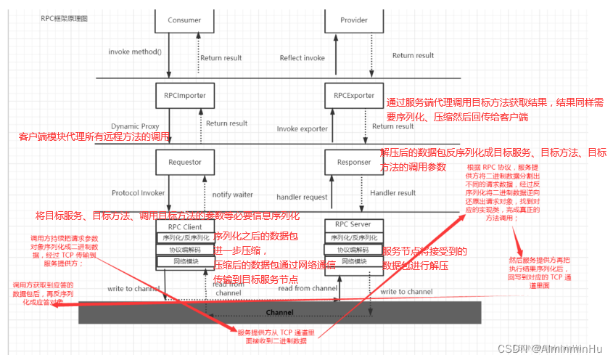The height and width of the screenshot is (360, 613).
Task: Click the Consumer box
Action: click(184, 20)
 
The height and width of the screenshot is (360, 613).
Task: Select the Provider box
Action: click(354, 20)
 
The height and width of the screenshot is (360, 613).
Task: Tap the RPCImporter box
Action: click(184, 95)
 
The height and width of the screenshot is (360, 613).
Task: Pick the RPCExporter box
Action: click(354, 95)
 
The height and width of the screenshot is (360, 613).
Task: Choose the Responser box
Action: click(354, 163)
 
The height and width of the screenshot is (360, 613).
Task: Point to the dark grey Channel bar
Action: click(279, 312)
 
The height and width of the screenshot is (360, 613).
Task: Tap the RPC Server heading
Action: click(353, 224)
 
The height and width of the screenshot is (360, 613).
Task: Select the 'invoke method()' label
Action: click(135, 52)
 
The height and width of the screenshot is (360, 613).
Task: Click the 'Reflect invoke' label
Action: click(303, 58)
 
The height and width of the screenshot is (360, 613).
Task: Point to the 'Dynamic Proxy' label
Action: click(134, 126)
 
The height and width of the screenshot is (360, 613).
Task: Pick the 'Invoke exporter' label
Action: click(302, 129)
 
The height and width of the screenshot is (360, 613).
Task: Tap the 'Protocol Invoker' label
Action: click(138, 193)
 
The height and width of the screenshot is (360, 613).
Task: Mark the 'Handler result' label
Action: click(392, 193)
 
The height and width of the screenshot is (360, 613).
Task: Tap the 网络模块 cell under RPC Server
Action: click(353, 261)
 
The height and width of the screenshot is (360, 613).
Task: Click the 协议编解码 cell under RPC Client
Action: click(184, 250)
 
